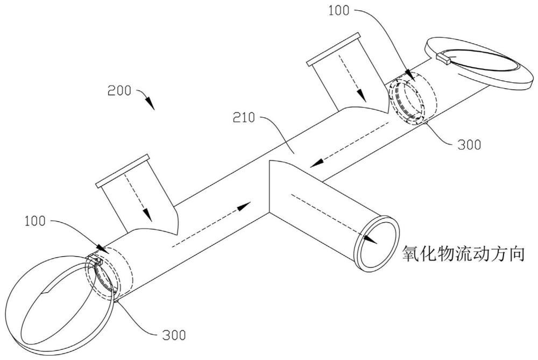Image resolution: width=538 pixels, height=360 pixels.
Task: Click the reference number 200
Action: click(x=119, y=90)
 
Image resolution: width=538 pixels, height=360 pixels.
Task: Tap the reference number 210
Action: click(x=244, y=118)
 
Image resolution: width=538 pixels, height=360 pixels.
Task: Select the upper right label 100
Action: click(x=338, y=11)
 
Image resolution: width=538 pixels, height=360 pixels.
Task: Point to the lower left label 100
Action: click(x=35, y=221)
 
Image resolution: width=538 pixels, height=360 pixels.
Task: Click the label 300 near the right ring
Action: click(x=469, y=144)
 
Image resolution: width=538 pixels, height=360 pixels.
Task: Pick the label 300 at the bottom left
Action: click(x=174, y=335)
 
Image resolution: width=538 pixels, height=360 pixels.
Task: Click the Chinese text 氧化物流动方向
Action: click(x=464, y=255)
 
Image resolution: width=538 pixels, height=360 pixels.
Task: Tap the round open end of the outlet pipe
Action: click(x=377, y=243)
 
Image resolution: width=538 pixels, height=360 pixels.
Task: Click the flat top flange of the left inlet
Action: click(x=123, y=171)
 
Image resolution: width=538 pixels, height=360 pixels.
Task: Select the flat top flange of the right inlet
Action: click(x=333, y=49)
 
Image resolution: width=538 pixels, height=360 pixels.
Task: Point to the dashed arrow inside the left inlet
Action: click(x=137, y=196)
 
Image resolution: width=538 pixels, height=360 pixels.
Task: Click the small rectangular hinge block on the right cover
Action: click(x=443, y=58)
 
